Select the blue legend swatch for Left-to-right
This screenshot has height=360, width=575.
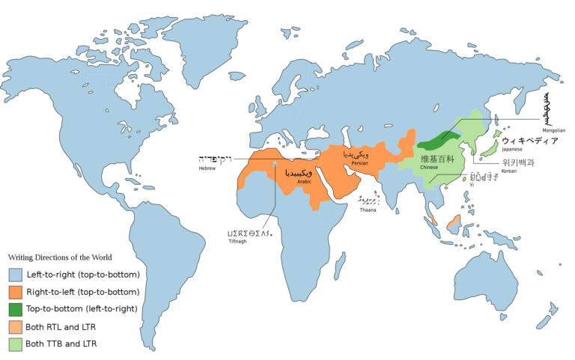(16, 275)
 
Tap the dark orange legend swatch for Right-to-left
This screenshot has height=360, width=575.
(16, 292)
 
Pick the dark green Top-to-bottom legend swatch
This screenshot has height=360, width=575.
(16, 309)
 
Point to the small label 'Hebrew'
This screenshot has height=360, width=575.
(207, 169)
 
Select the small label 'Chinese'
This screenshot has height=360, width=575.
(429, 168)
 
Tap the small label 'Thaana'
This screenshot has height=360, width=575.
(366, 210)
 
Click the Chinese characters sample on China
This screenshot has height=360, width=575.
(436, 159)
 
